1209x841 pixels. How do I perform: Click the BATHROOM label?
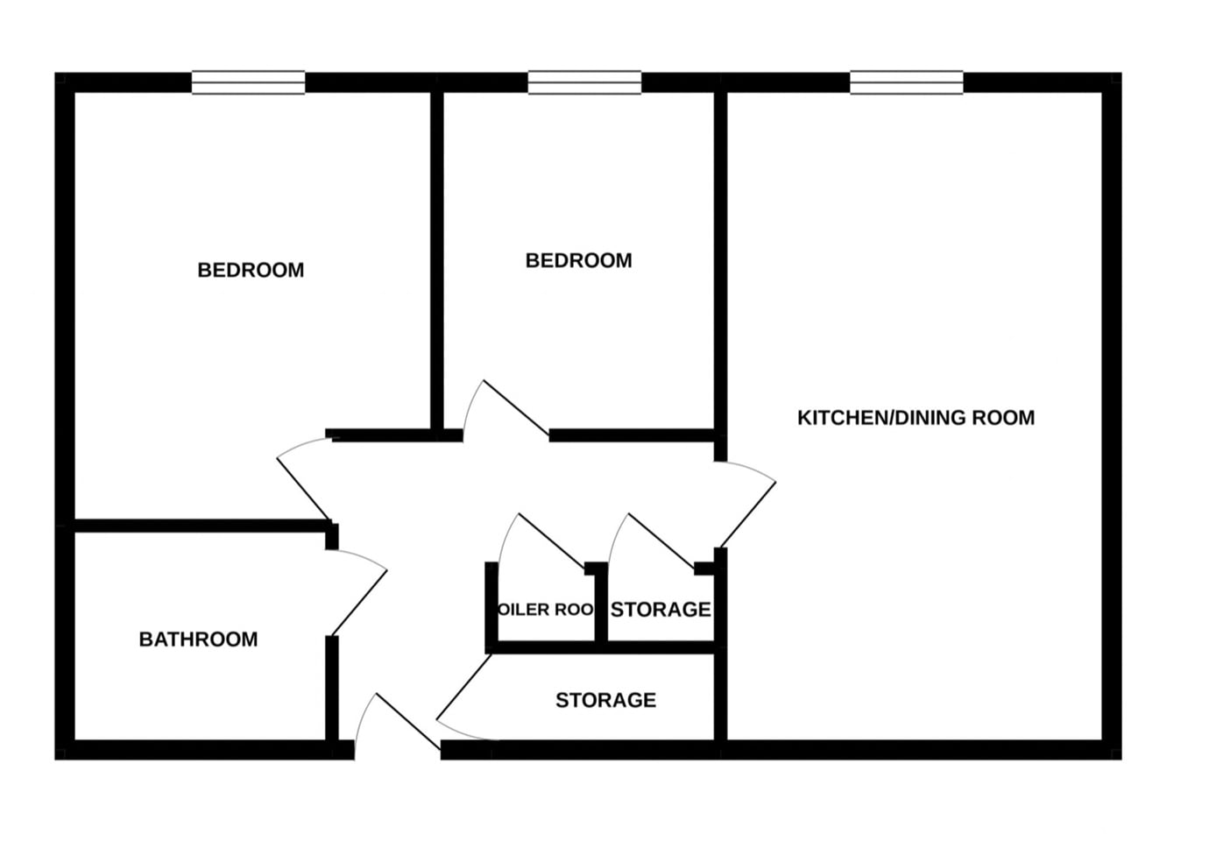click(198, 640)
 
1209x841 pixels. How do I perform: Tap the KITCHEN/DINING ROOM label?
click(916, 418)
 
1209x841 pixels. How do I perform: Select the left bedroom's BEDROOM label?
click(251, 270)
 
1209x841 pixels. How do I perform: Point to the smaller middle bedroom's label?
click(578, 260)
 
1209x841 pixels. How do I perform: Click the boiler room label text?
click(545, 610)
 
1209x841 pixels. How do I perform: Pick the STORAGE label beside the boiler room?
click(661, 610)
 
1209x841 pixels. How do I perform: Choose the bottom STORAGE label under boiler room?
click(605, 700)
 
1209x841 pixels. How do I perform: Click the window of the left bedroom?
click(249, 82)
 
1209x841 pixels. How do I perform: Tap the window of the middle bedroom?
click(584, 82)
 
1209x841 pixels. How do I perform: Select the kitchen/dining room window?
click(907, 82)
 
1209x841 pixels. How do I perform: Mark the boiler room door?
click(550, 541)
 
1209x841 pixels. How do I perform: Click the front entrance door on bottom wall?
click(408, 722)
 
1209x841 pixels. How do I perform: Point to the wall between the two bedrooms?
click(436, 263)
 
